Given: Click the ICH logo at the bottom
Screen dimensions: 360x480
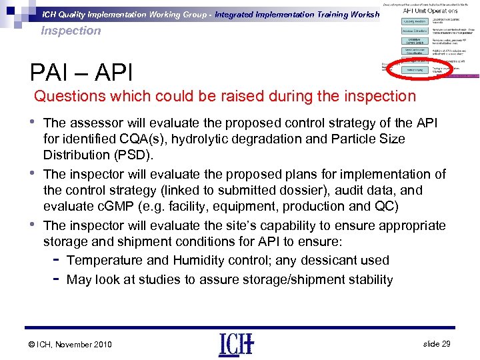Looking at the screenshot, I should coord(235,345).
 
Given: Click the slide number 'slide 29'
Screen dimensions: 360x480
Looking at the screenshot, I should coord(437,343).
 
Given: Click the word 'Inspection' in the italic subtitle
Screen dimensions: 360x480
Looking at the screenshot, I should coord(71,31).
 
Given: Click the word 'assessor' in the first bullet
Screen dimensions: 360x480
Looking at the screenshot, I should coord(95,123).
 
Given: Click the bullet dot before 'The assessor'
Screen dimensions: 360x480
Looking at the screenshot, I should coord(33,121).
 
